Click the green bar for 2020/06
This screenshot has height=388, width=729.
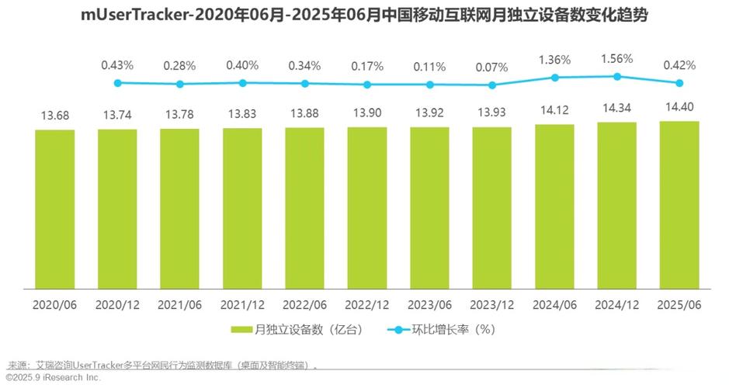click(x=54, y=210)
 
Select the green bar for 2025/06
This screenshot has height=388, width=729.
click(x=679, y=206)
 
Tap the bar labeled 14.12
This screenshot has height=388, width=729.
click(x=554, y=207)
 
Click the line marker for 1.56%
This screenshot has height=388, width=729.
click(x=617, y=76)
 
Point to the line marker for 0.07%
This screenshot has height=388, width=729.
click(x=492, y=85)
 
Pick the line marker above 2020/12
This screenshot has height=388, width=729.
click(x=180, y=84)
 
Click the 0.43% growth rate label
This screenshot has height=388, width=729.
click(x=117, y=64)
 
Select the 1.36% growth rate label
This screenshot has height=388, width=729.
click(x=554, y=59)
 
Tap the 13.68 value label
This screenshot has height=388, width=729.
click(x=54, y=116)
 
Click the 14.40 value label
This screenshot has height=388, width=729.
click(x=679, y=107)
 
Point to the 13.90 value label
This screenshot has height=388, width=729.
click(x=367, y=113)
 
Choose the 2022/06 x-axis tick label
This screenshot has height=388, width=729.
click(x=304, y=304)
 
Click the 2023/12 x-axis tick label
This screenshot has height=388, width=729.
click(x=492, y=304)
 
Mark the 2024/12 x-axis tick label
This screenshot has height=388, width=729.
click(x=617, y=304)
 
